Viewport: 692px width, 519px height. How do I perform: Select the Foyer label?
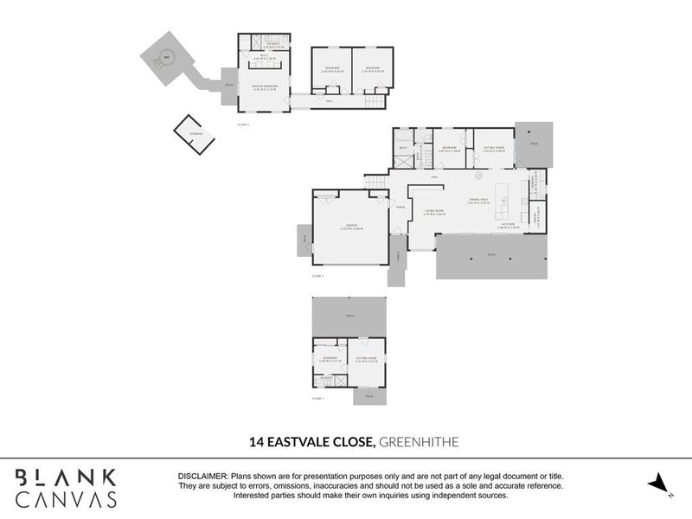pos(400,207)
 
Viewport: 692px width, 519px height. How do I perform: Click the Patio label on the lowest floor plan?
pos(349,317)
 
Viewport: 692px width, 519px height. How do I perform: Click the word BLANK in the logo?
pos(66,476)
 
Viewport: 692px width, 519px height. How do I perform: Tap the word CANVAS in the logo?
pos(66,498)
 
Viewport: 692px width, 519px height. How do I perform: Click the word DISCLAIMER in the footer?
pos(202,477)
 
